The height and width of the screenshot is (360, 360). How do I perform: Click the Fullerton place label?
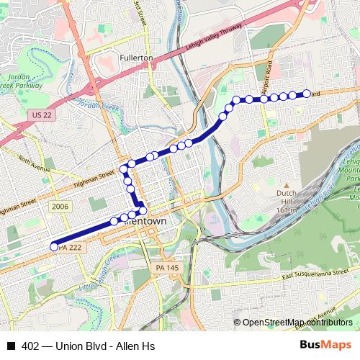coord(137,57)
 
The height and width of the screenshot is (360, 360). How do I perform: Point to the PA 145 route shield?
coord(165,268)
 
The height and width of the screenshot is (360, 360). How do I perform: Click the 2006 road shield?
coord(60,206)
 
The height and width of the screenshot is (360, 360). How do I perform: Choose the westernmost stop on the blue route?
coord(53,247)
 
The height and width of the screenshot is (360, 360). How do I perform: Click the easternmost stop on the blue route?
coord(306,94)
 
